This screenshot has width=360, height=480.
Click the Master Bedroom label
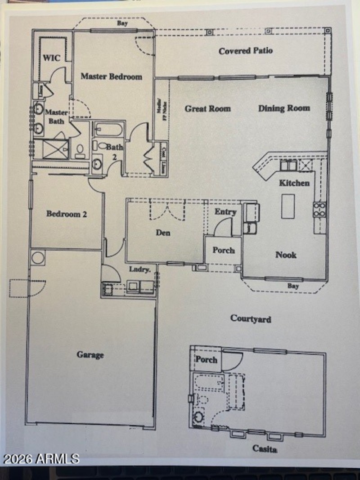coord(111,76)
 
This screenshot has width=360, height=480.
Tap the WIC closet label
coord(51,58)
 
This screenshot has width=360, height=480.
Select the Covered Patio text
coord(246,51)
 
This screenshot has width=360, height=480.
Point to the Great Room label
coord(207,108)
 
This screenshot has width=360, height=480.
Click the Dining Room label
coord(284,108)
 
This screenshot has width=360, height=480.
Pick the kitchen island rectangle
coord(288,206)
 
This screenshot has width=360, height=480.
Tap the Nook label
coord(286,255)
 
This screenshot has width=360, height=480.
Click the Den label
coord(163,233)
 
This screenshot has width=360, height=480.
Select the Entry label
coord(225,212)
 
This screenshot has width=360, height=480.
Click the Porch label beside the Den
coord(224,250)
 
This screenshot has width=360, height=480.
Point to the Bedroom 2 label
coord(67,214)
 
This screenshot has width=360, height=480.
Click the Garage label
coord(90,355)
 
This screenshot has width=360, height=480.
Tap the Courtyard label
coord(251,319)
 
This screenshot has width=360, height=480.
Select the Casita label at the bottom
coord(264,449)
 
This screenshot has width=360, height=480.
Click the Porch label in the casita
coord(206,359)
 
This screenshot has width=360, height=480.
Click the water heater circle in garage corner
coord(37,258)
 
